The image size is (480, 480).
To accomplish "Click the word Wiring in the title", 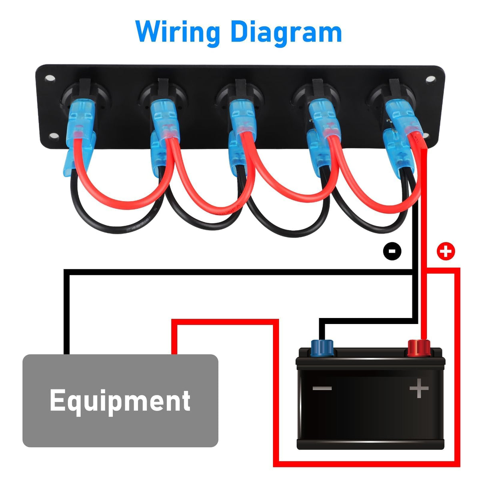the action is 178,33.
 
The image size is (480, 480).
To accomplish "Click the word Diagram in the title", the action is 286,33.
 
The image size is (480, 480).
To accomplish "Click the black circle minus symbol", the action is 392,251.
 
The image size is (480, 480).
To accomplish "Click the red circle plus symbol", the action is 446,251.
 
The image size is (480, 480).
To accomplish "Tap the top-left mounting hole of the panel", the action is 50,78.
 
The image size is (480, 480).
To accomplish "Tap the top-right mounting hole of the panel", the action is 430,79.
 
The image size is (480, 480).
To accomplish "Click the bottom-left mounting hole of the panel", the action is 54,136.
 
